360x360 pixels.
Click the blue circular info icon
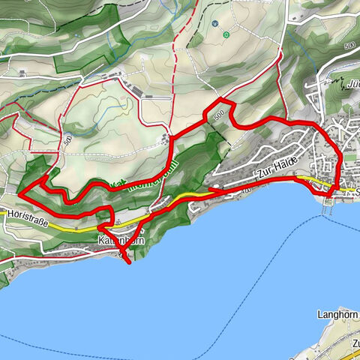[214, 23]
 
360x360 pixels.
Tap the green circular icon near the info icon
[226, 34]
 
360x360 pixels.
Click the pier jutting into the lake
[327, 206]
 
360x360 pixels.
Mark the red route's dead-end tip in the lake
[128, 262]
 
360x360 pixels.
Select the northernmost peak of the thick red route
[218, 100]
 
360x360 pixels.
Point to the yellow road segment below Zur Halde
[315, 181]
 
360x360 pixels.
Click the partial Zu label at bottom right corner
[354, 344]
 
